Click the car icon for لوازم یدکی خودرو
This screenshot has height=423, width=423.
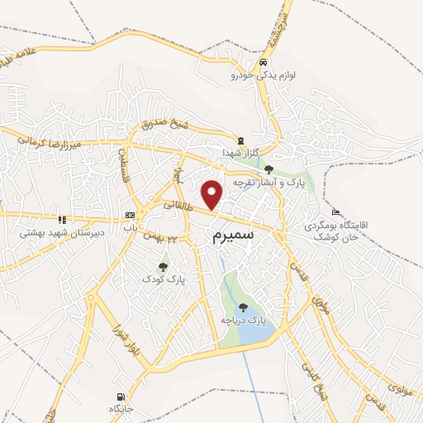262,63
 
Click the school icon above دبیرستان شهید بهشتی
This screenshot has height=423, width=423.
61,220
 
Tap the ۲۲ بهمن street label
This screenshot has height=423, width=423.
162,238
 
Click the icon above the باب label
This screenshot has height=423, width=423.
129,215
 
